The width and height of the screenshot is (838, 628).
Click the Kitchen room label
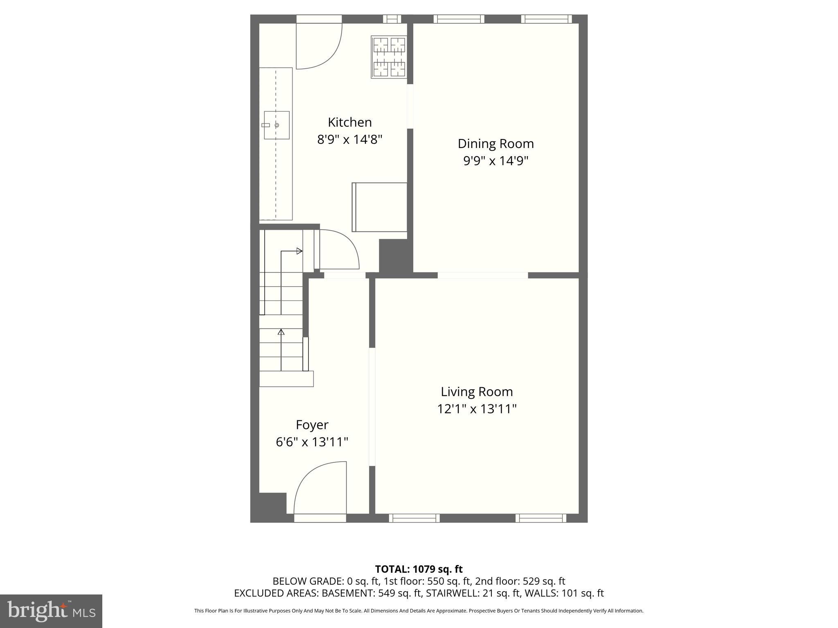pyautogui.click(x=349, y=122)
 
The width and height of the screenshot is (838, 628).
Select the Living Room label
pyautogui.click(x=477, y=392)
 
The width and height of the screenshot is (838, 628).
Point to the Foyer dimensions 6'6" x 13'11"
pyautogui.click(x=312, y=442)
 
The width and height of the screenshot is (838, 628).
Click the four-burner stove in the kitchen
pyautogui.click(x=389, y=57)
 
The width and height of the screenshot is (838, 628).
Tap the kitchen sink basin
pyautogui.click(x=277, y=125)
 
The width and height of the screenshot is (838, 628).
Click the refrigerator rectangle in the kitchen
pyautogui.click(x=380, y=207)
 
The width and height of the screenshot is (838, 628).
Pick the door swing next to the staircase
pyautogui.click(x=339, y=249)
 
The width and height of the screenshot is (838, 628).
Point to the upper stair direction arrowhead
pyautogui.click(x=300, y=251)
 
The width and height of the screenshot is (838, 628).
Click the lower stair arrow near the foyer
pyautogui.click(x=281, y=332)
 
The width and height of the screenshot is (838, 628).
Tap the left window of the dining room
pyautogui.click(x=459, y=19)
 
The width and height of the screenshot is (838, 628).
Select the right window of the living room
pyautogui.click(x=541, y=518)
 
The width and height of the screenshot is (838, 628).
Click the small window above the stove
pyautogui.click(x=392, y=19)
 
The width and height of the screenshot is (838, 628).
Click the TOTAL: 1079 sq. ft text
pyautogui.click(x=419, y=569)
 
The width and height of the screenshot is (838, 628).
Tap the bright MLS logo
pyautogui.click(x=51, y=611)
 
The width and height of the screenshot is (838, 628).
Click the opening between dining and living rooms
pyautogui.click(x=483, y=275)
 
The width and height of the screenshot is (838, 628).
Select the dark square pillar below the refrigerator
pyautogui.click(x=395, y=256)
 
